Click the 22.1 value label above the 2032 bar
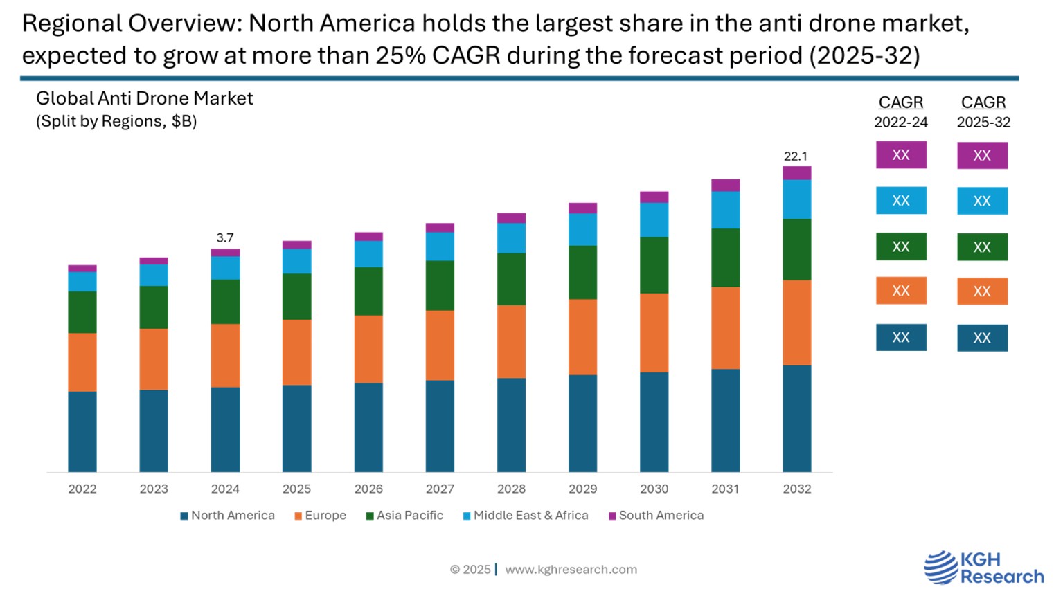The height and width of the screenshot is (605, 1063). [x=796, y=156]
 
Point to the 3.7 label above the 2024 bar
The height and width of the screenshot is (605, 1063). [x=225, y=238]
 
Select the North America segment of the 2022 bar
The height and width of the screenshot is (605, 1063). [x=82, y=431]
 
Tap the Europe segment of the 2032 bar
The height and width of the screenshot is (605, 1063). [x=797, y=323]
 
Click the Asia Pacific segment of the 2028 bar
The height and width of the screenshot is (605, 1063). [x=511, y=279]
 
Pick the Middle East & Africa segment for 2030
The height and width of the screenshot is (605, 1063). [x=654, y=219]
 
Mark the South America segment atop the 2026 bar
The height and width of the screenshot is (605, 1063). [x=368, y=237]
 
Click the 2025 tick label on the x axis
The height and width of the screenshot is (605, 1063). [x=296, y=489]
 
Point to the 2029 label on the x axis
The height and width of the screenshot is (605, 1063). [x=582, y=489]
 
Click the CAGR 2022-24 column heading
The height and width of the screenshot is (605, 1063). [x=900, y=111]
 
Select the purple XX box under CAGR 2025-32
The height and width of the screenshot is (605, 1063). [x=982, y=156]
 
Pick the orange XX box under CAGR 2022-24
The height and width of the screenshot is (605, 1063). [x=900, y=291]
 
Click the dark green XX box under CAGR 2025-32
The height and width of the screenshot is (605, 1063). [x=982, y=247]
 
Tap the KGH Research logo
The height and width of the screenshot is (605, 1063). [x=984, y=568]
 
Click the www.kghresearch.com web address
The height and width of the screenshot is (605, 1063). [x=571, y=570]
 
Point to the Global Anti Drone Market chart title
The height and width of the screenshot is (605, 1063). [x=145, y=99]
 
